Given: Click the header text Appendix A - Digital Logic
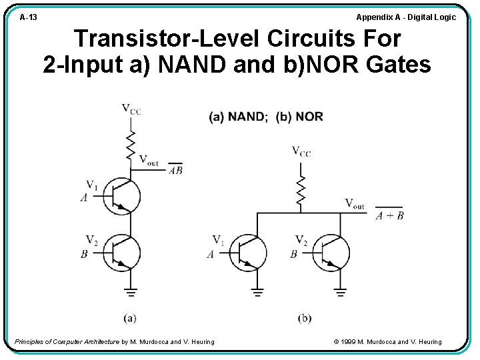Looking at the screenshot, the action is pos(406,17).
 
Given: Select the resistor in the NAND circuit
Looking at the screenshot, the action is pos(131,145).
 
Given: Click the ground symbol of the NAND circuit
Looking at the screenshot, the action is pos(131,291).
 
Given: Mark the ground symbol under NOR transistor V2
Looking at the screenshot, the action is pos(341,291).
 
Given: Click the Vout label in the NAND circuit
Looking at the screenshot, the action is pos(149,159).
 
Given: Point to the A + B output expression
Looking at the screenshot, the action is pos(389,215).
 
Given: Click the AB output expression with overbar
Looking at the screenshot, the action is pos(175,170).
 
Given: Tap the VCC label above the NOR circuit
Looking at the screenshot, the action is pos(301,151).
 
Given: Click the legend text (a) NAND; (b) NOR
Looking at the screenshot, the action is pos(266,117).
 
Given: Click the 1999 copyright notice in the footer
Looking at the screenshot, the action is pos(387,342).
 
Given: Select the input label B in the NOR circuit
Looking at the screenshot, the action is pos(293,254).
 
